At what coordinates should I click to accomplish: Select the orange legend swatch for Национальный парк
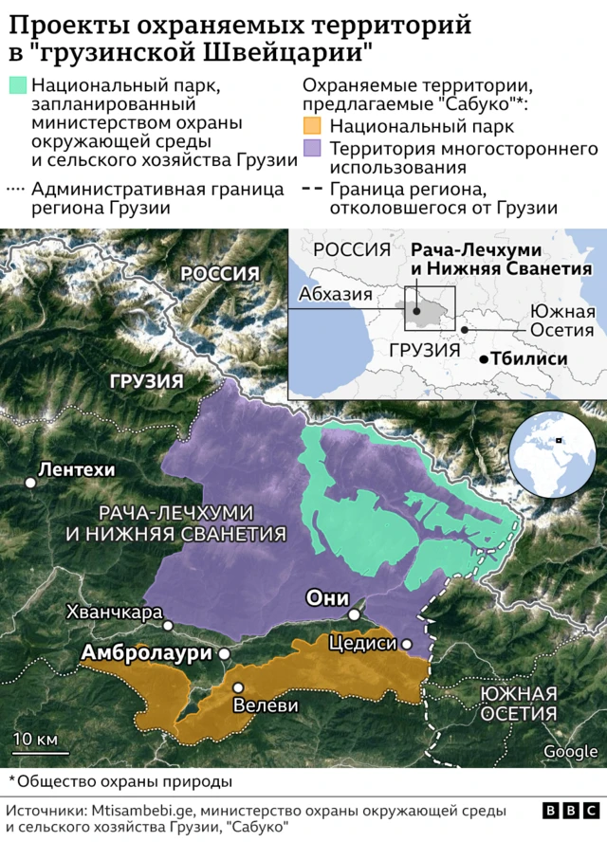tap(311, 126)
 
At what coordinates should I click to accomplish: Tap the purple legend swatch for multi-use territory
tap(311, 148)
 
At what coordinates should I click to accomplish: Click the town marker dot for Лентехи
tap(31, 483)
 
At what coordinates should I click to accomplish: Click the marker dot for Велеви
tap(238, 687)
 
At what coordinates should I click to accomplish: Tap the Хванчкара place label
tap(113, 613)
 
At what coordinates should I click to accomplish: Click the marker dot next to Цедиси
tap(407, 644)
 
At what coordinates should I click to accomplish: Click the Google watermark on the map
tap(570, 751)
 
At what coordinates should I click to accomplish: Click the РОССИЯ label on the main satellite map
tap(220, 274)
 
